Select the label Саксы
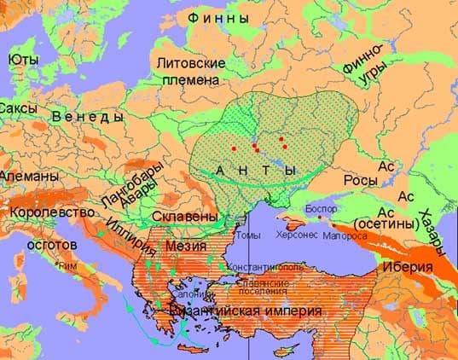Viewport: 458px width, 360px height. [x=17, y=109]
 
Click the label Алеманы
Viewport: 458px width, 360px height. [x=29, y=175]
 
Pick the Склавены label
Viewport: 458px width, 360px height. [x=188, y=218]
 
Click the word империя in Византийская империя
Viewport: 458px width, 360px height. [x=284, y=312]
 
